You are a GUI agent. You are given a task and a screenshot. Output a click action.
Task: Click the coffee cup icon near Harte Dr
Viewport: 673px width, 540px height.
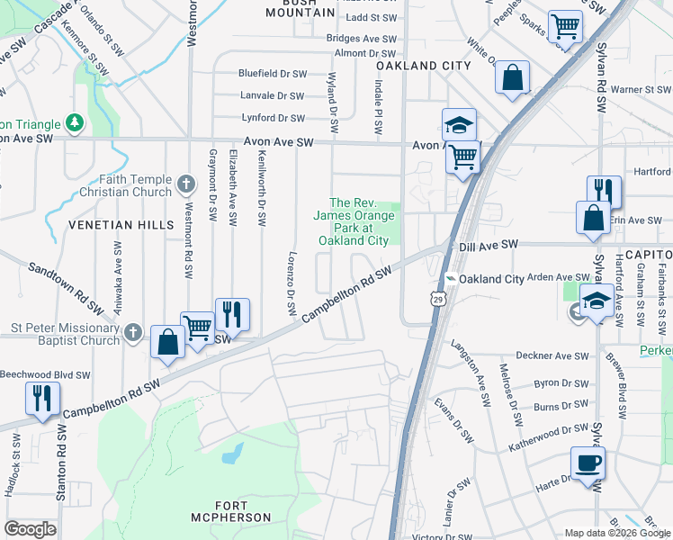click(x=588, y=464)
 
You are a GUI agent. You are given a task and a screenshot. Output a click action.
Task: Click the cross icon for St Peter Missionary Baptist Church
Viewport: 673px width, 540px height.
click(x=133, y=333)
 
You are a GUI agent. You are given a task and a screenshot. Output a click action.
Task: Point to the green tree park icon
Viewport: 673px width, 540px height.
click(x=76, y=123)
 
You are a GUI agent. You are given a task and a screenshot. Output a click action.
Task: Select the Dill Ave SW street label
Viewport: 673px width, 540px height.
click(x=489, y=244)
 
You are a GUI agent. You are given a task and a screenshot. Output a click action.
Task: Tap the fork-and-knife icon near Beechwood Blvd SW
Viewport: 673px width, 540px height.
click(x=42, y=398)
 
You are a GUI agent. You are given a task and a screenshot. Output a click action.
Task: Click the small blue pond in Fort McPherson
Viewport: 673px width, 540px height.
click(x=232, y=452)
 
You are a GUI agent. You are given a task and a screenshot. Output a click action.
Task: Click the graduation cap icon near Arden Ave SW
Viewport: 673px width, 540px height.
click(x=597, y=300)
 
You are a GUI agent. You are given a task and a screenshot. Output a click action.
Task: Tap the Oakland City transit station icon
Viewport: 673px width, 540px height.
click(x=451, y=279)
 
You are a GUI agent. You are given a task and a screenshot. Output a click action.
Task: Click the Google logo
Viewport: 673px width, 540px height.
click(x=30, y=529)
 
